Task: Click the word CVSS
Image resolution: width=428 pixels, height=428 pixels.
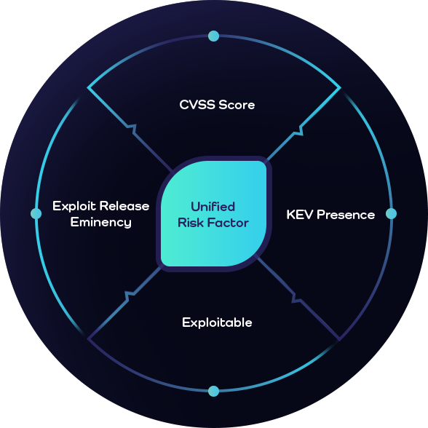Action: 197,105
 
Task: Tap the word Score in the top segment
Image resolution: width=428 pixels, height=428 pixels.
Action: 237,105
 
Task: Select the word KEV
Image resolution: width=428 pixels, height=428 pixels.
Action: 299,215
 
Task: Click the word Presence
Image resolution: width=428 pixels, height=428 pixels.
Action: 346,215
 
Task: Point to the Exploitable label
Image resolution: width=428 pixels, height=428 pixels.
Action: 217,322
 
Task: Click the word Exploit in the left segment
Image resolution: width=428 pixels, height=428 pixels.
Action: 74,206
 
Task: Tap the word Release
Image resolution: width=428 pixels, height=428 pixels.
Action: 124,206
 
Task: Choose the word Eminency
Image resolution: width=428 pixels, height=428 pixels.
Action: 100,222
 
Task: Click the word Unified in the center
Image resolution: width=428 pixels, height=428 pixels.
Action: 213,207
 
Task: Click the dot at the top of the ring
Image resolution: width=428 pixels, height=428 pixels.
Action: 213,36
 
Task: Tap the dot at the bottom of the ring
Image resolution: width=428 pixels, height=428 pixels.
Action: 213,391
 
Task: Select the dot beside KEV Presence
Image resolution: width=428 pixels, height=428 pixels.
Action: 391,213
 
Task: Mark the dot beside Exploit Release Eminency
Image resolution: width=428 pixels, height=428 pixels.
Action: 36,213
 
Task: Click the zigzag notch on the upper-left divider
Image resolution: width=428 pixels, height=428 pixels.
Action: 132,129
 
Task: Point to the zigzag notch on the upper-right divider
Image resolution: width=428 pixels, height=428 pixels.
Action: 298,131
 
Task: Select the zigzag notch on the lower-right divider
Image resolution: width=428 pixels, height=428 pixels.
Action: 296,298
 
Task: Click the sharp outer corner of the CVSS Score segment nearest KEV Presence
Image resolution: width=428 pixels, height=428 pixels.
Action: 340,88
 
